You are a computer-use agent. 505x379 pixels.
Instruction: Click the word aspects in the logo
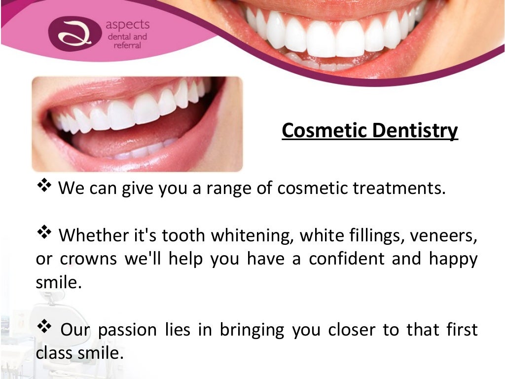pos(127,25)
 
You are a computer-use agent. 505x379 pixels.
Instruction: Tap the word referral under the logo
pos(127,45)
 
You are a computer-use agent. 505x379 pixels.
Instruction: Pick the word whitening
pos(253,236)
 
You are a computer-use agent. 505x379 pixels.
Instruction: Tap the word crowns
pos(89,260)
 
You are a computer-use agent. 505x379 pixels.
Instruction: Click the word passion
pos(123,330)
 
